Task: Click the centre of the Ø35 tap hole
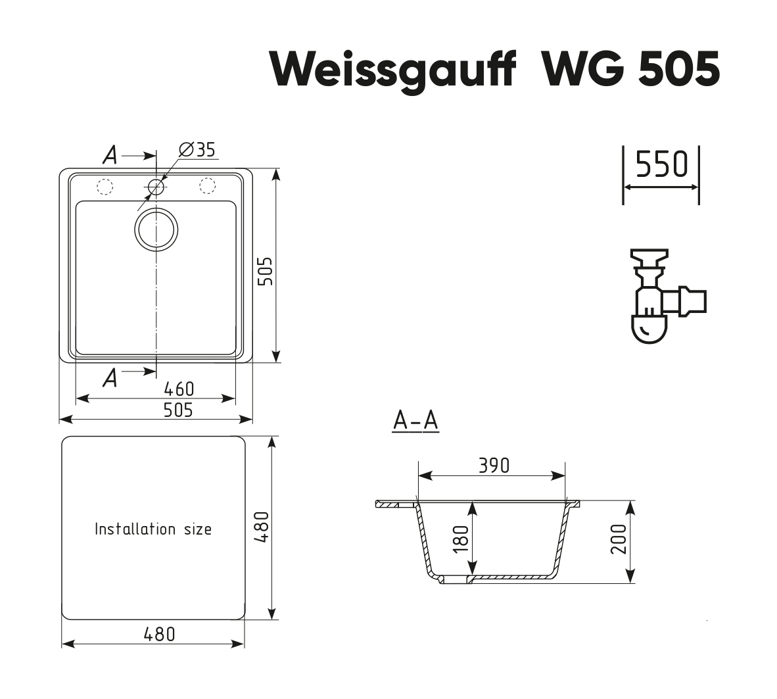coord(156,187)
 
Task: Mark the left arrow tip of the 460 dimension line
coord(76,398)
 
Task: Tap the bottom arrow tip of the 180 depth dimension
coord(472,575)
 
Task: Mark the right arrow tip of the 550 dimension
coord(698,187)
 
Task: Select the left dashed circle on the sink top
coord(105,187)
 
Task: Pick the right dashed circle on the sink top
coord(207,185)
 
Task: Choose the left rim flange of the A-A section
coord(396,504)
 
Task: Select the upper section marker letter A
coord(110,155)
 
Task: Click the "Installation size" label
coord(153,529)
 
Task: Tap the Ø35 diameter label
coord(197,149)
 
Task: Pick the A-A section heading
coord(415,422)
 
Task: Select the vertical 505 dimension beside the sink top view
coord(266,271)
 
